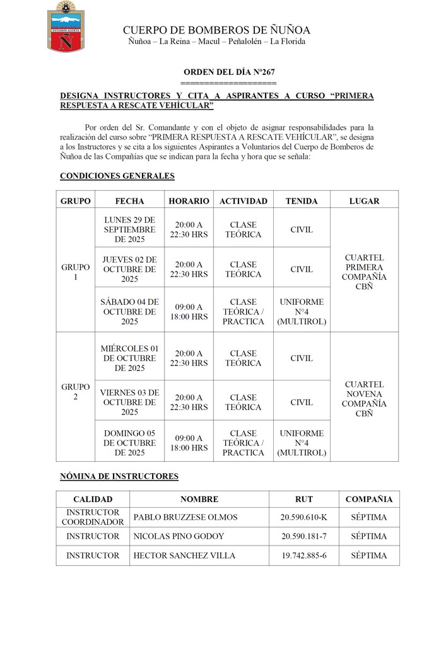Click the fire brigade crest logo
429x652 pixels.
click(62, 27)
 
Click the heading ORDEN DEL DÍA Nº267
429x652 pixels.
click(228, 73)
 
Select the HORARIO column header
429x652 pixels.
click(189, 201)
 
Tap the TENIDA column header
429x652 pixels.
click(301, 201)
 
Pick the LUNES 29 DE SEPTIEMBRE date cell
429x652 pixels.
click(129, 229)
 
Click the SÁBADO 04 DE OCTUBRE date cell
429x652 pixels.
click(129, 312)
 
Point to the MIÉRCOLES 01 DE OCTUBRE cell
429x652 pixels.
click(129, 358)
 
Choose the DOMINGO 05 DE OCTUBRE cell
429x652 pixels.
click(129, 443)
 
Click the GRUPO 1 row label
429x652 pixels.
click(76, 272)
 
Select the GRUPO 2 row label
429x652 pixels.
click(76, 391)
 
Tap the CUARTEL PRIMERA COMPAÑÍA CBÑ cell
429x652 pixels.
click(364, 272)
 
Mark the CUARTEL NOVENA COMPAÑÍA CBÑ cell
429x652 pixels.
click(364, 399)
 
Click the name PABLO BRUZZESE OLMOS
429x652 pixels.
click(185, 517)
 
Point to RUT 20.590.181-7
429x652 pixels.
click(303, 536)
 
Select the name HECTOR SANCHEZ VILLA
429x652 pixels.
click(184, 556)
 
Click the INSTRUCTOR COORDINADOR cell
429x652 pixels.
click(93, 517)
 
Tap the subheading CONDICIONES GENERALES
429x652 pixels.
click(117, 176)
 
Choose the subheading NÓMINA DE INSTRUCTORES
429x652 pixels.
click(119, 477)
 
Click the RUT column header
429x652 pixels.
click(304, 499)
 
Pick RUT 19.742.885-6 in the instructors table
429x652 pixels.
click(303, 556)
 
